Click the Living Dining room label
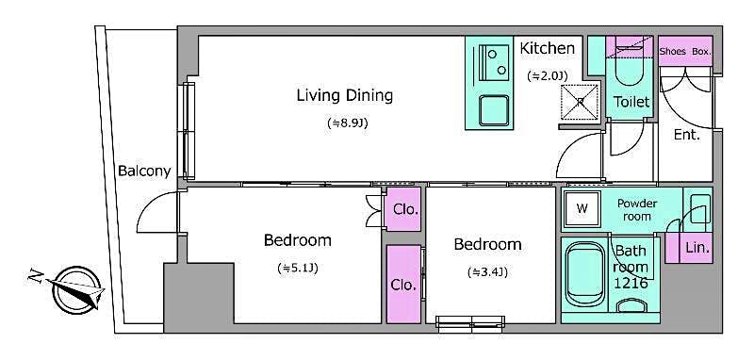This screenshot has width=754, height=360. click(x=344, y=95)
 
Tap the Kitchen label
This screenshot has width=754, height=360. click(x=547, y=48)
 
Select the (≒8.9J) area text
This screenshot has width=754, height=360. click(x=344, y=123)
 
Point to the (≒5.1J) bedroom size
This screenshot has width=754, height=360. click(x=297, y=269)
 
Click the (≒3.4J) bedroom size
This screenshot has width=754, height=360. click(x=487, y=273)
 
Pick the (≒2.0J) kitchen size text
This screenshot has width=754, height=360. click(x=547, y=75)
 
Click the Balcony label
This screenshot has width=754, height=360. click(x=144, y=171)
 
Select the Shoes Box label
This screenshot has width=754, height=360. click(x=685, y=51)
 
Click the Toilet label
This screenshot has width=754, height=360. click(x=631, y=101)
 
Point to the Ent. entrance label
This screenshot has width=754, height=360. click(x=686, y=135)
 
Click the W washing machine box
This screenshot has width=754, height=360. click(x=582, y=208)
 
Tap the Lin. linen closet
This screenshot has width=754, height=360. click(x=697, y=248)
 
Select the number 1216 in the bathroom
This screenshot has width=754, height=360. click(x=631, y=283)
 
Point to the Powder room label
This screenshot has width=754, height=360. click(x=637, y=209)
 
